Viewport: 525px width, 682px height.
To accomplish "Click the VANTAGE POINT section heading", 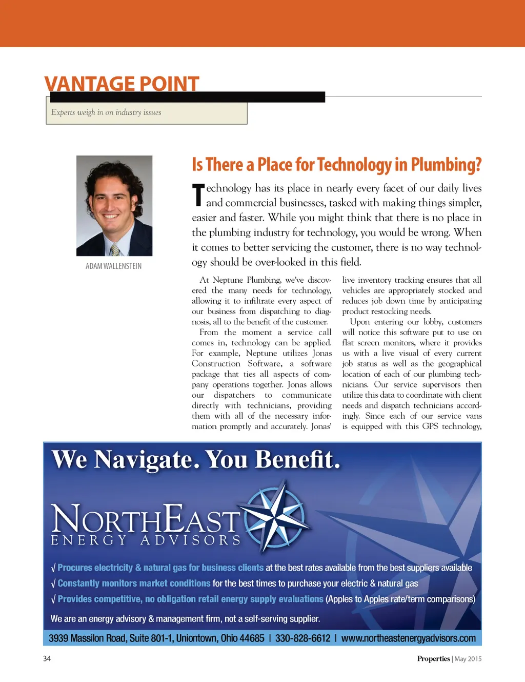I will click(122, 83).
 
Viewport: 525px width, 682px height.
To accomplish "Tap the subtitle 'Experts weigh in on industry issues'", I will click(106, 112).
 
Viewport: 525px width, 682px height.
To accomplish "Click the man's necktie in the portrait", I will click(115, 249).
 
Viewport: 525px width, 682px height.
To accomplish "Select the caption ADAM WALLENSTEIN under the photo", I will click(113, 266).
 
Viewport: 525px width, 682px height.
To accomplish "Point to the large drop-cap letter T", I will click(198, 195).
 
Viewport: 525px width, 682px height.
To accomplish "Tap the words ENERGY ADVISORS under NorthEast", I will click(146, 540).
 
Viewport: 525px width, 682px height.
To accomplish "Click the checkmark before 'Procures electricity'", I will click(53, 568).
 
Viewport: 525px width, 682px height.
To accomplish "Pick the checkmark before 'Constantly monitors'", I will click(53, 584).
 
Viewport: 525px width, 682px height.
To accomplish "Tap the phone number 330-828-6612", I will click(302, 638).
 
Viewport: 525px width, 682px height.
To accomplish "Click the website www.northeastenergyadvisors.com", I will click(408, 638).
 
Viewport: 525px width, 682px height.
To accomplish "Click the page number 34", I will click(47, 658).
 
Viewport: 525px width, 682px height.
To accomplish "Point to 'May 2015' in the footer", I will click(468, 659).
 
